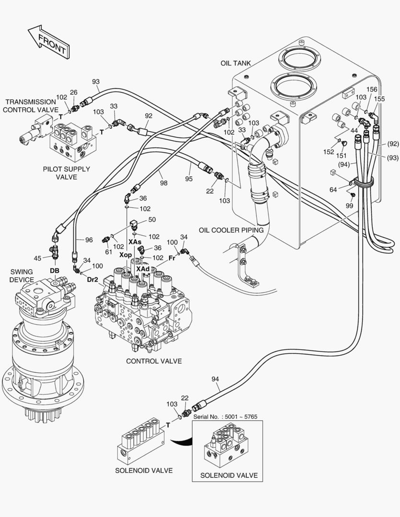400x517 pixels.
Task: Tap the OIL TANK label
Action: tap(236, 63)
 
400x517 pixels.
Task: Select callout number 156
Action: tap(372, 90)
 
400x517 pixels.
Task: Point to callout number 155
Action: tap(379, 99)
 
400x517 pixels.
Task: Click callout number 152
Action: tap(328, 152)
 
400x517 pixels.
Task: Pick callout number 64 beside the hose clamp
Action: tap(333, 190)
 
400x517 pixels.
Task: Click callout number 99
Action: tap(349, 205)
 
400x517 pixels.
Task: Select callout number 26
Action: tap(73, 92)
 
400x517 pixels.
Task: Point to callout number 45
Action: tap(38, 259)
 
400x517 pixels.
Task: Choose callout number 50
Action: tap(152, 220)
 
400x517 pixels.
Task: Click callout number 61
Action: tap(109, 252)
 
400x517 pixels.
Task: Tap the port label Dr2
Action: tap(92, 280)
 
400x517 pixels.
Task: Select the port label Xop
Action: tap(126, 255)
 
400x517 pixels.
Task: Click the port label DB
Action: tap(55, 270)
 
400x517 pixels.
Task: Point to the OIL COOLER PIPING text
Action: tap(231, 230)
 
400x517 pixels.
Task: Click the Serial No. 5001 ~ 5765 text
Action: tap(225, 416)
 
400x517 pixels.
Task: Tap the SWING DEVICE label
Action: tap(22, 276)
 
